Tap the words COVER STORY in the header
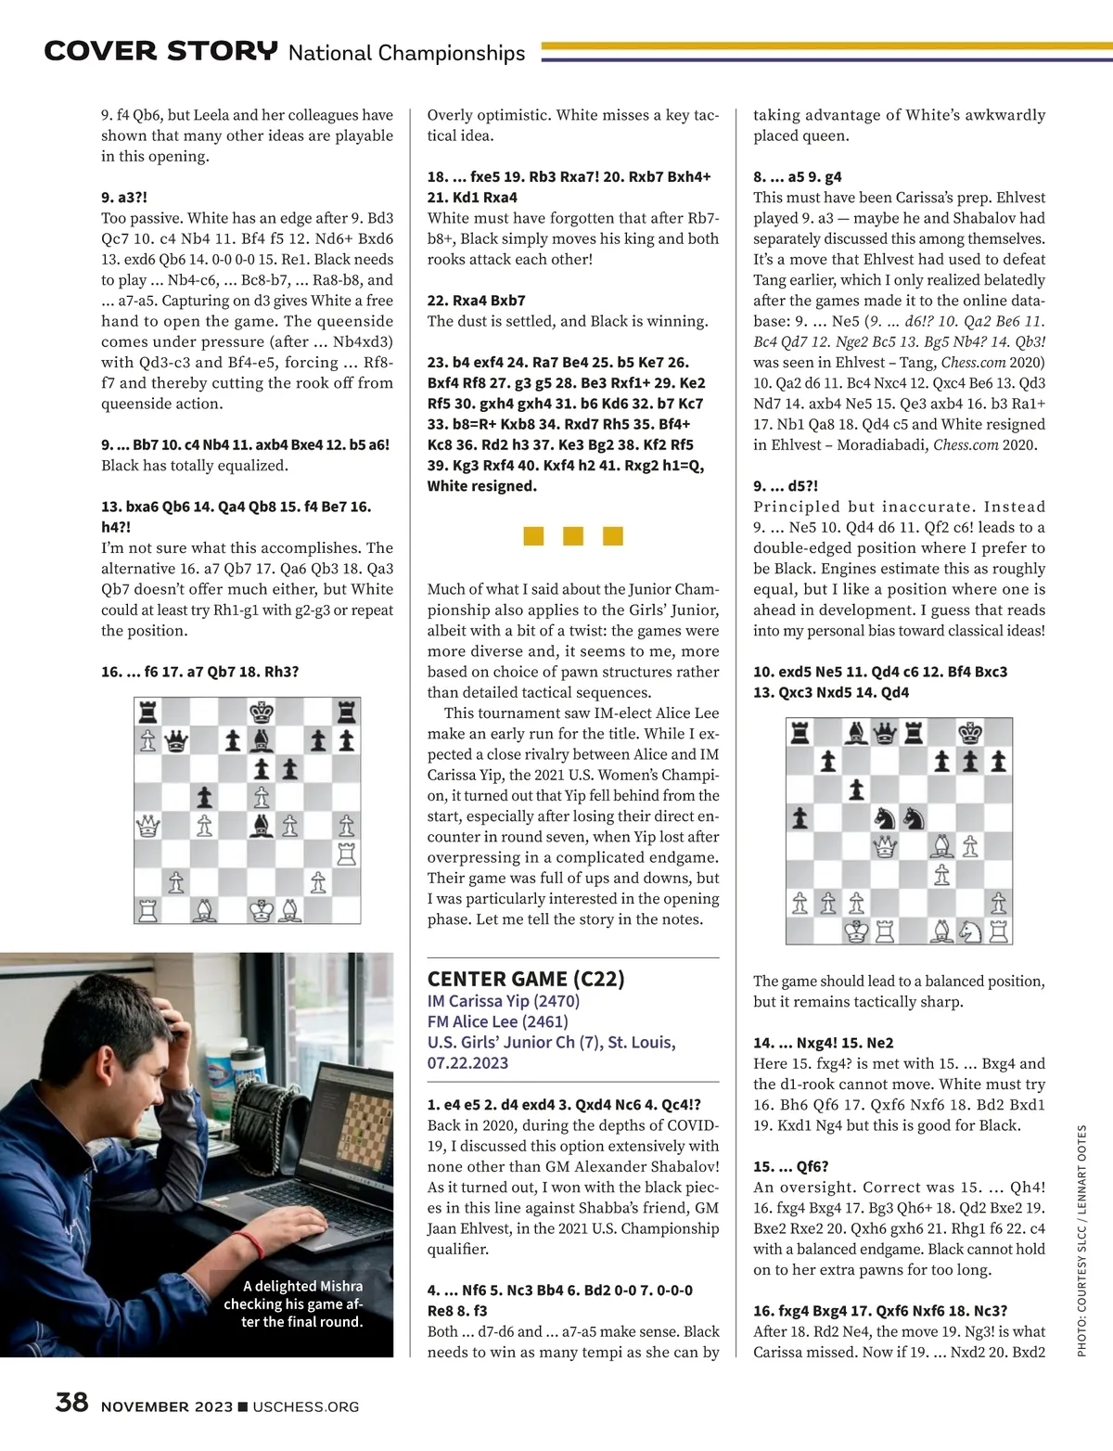[x=160, y=51]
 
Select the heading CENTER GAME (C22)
[x=526, y=979]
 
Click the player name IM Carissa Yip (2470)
[x=503, y=1001]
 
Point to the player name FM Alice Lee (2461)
[x=497, y=1021]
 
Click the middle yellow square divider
[x=573, y=535]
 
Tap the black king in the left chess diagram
[x=262, y=713]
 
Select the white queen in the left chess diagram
[x=147, y=825]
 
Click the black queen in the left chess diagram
[x=176, y=741]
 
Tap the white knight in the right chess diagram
[x=970, y=931]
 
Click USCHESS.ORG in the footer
[x=305, y=1406]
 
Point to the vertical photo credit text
[x=1081, y=1240]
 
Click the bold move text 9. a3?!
[x=124, y=198]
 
